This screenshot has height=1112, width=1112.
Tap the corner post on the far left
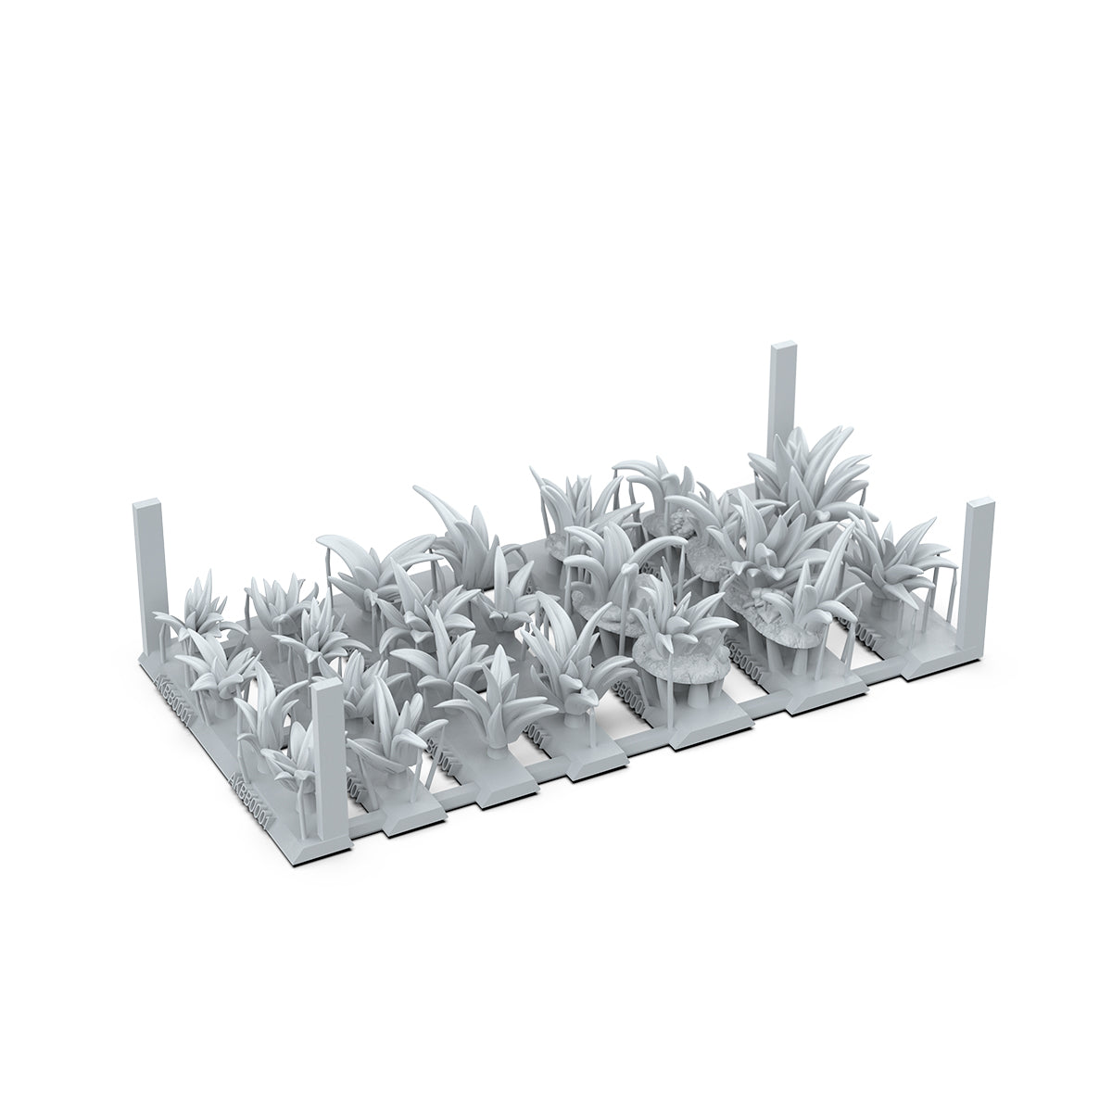tap(148, 575)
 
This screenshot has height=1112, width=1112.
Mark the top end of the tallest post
tap(782, 350)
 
